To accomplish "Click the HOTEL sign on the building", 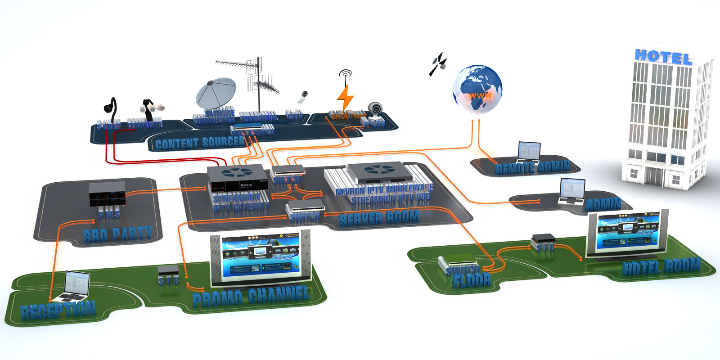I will coord(662,57).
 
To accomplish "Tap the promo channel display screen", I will coord(261,258).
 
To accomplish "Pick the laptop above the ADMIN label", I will coord(571,192).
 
